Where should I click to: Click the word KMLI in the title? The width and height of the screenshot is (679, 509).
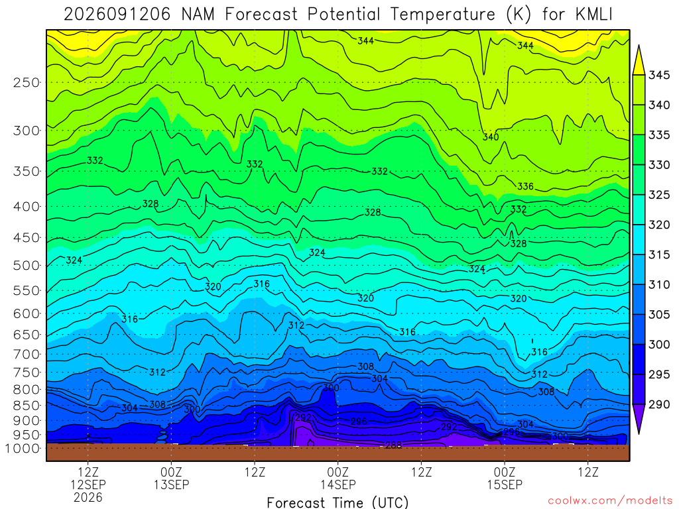pos(593,15)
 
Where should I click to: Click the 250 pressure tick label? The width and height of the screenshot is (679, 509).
pos(27,82)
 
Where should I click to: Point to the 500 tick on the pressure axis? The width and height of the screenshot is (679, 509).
pos(27,265)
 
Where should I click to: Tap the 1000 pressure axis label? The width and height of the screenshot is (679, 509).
pos(23,449)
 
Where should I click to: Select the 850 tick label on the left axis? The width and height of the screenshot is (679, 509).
pos(27,406)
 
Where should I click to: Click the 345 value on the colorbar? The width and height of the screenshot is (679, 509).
pos(659,75)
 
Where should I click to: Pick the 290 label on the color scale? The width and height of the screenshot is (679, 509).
pos(659,404)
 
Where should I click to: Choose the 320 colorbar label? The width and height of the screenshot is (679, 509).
pos(659,225)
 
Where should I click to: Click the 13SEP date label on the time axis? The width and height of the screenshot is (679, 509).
pos(172,484)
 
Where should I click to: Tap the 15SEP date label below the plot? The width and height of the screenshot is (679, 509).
pos(505,484)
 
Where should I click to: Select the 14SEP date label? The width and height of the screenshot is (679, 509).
pos(338,484)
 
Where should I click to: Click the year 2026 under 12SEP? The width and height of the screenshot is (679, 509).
pos(88,497)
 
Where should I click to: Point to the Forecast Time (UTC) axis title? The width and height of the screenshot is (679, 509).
pos(338,502)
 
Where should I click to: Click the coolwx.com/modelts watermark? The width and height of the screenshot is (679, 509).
pos(610,501)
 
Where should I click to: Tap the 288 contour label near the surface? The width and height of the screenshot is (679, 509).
pos(393,445)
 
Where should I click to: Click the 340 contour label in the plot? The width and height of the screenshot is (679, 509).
pos(491,137)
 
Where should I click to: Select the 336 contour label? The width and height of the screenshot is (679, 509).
pos(525,186)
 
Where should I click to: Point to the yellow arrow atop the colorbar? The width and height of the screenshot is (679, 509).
pos(639,60)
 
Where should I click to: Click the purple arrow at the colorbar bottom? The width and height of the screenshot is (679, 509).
pos(639,419)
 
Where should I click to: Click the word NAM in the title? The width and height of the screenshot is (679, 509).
pos(198,15)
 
